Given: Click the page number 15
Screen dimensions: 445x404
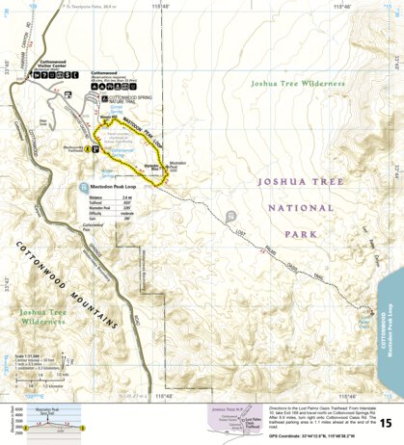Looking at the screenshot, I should coord(385,423).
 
